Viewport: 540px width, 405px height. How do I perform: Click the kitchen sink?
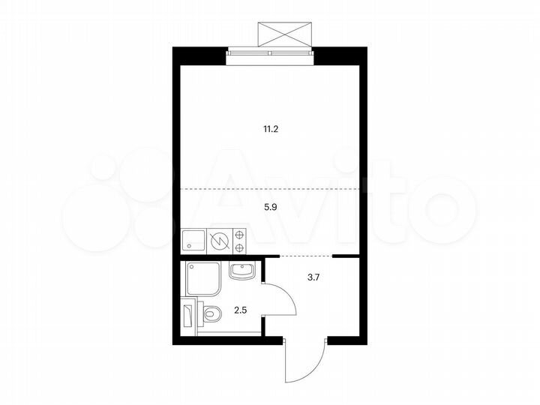click(x=194, y=240)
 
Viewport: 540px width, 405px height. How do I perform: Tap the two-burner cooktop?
click(x=241, y=240)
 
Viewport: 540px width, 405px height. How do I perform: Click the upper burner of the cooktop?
click(x=241, y=233)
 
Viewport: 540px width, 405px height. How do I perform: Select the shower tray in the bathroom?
click(x=202, y=278)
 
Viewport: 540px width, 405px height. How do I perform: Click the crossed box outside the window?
click(x=283, y=34)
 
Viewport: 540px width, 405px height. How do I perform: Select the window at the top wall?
click(x=270, y=51)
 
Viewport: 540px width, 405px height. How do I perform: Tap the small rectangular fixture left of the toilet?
click(x=187, y=314)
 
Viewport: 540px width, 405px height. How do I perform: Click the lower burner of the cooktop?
click(x=241, y=247)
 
